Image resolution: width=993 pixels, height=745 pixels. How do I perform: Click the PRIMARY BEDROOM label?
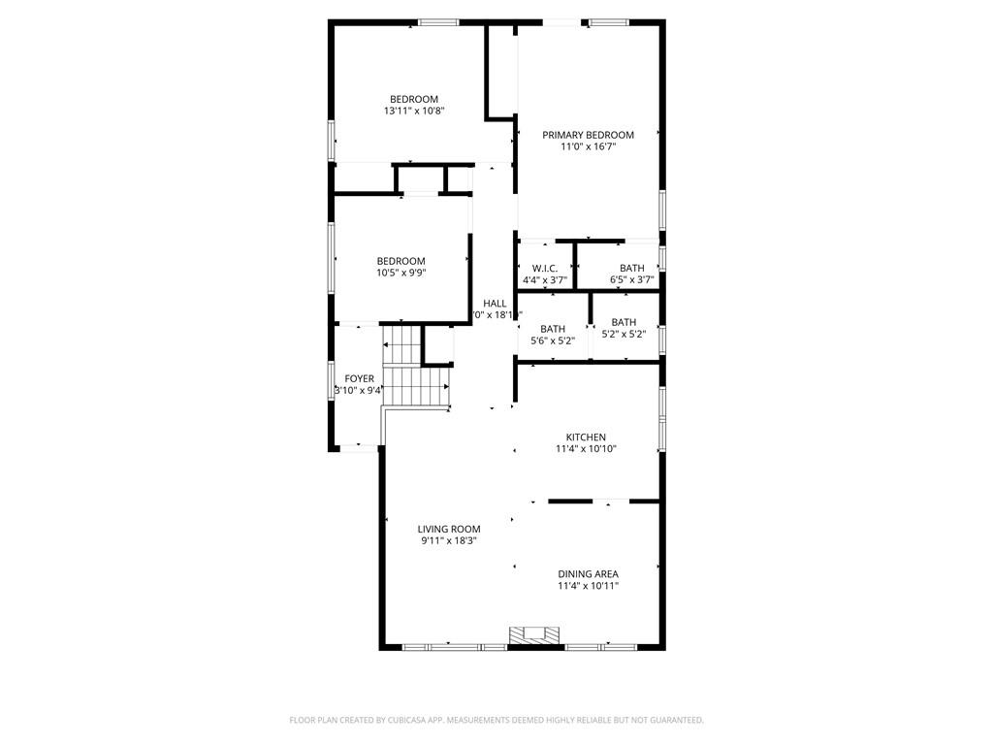point(588,135)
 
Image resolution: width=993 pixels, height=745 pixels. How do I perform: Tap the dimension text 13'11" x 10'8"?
point(414,112)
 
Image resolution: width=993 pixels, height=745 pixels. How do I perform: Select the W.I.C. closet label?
point(544,269)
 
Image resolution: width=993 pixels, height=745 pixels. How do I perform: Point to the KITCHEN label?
point(587,437)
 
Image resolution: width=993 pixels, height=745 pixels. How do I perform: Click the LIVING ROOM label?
point(449,530)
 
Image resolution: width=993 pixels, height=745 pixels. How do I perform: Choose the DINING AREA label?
point(588,574)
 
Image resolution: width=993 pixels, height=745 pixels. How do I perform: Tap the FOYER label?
point(359,378)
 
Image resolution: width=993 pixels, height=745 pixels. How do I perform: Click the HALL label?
point(495,304)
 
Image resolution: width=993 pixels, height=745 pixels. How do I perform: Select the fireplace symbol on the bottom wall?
point(535,635)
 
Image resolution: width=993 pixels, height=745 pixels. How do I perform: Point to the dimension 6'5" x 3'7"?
point(631,280)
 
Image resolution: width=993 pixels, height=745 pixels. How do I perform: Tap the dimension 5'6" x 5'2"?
point(553,340)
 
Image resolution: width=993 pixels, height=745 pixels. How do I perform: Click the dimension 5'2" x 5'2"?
point(624,335)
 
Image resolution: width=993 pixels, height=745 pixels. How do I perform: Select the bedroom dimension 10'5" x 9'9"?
point(400,273)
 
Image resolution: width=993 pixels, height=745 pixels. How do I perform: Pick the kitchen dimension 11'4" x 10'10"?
point(587,449)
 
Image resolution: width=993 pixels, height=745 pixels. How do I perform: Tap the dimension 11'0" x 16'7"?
point(588,146)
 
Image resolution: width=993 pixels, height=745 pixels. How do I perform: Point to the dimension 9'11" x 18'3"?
point(449,541)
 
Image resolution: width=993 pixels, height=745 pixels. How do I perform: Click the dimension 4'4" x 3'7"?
point(544,280)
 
